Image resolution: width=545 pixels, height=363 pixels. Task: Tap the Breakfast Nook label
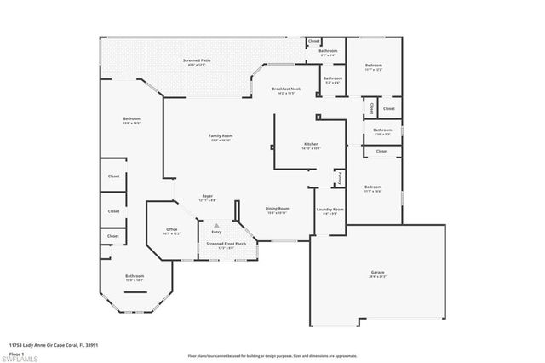(x=288, y=89)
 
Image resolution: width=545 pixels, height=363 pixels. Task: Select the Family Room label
(x=221, y=135)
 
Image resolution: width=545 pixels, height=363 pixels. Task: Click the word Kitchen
(x=311, y=145)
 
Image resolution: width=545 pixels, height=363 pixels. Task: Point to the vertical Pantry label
(x=338, y=178)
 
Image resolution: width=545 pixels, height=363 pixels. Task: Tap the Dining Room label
(x=278, y=208)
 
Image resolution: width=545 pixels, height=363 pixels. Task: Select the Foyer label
(x=207, y=195)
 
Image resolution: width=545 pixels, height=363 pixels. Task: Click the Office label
(x=171, y=229)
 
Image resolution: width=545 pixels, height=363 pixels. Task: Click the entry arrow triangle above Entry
(x=216, y=225)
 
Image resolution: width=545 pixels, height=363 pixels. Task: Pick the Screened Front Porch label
(x=227, y=244)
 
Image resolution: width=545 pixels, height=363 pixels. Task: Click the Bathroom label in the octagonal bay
(x=135, y=276)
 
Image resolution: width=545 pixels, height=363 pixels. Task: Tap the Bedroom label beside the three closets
(x=131, y=118)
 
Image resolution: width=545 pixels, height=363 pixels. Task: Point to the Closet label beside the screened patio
(x=314, y=41)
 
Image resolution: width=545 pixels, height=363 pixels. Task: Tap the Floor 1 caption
(x=16, y=352)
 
